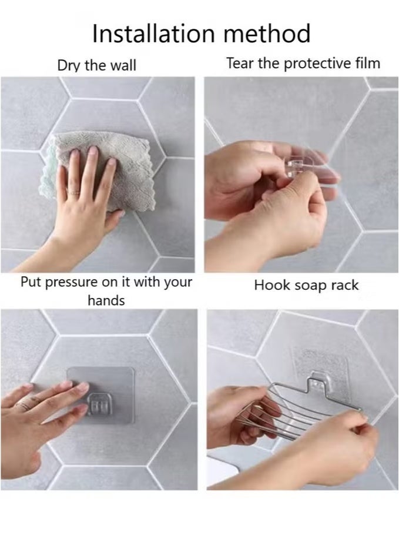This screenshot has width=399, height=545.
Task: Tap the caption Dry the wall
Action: click(x=96, y=65)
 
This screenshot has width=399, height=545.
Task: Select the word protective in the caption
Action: click(x=318, y=63)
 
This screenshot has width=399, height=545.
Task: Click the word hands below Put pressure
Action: click(x=106, y=300)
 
